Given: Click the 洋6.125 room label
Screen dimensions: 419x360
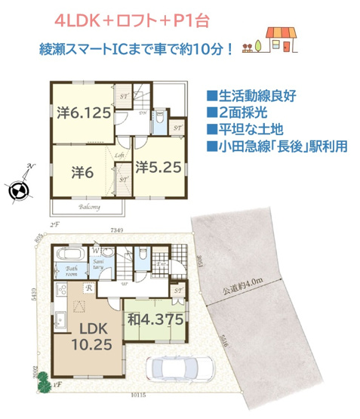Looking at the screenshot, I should click(x=85, y=114).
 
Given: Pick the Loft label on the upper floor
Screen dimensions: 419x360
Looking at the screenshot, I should click(x=119, y=156).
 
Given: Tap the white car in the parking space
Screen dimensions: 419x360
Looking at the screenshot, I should click(x=181, y=368).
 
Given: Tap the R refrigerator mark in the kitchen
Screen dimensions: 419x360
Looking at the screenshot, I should click(x=90, y=288).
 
